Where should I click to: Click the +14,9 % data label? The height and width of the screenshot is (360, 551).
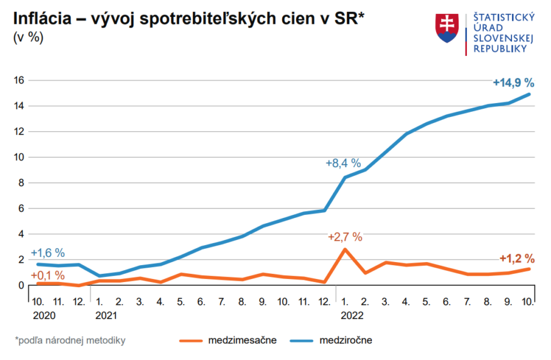pyautogui.click(x=513, y=82)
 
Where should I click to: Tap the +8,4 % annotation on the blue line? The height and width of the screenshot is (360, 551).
pyautogui.click(x=343, y=163)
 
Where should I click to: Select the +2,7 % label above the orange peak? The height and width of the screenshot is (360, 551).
pyautogui.click(x=345, y=237)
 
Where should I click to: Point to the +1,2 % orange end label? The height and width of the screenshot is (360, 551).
pyautogui.click(x=516, y=258)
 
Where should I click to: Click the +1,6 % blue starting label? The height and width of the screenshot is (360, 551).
pyautogui.click(x=47, y=253)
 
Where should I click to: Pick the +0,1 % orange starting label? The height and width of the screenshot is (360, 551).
pyautogui.click(x=47, y=275)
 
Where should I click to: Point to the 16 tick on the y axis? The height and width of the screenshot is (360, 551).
pyautogui.click(x=18, y=80)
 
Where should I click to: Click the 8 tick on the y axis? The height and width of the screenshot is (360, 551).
pyautogui.click(x=21, y=183)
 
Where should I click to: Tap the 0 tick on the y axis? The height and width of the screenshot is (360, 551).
pyautogui.click(x=21, y=285)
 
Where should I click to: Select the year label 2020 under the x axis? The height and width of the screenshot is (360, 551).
pyautogui.click(x=44, y=315)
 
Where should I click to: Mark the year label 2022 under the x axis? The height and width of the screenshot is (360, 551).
pyautogui.click(x=352, y=315)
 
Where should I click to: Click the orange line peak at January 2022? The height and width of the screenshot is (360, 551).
pyautogui.click(x=344, y=249)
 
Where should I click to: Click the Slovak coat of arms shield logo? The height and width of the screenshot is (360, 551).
pyautogui.click(x=447, y=28)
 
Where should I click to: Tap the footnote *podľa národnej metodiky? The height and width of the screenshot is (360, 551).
pyautogui.click(x=70, y=341)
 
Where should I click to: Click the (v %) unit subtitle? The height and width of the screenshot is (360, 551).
pyautogui.click(x=29, y=38)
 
